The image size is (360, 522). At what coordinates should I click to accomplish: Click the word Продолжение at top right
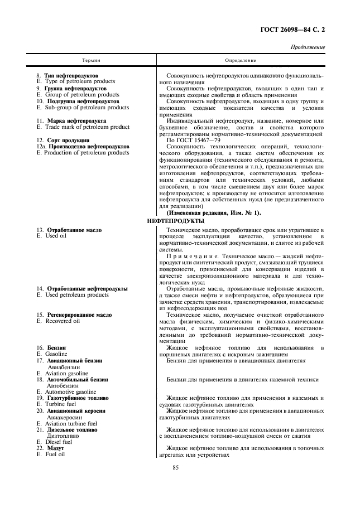(308, 47)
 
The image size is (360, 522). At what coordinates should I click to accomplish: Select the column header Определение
(241, 60)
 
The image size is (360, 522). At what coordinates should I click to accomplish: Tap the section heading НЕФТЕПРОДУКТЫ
(175, 221)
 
